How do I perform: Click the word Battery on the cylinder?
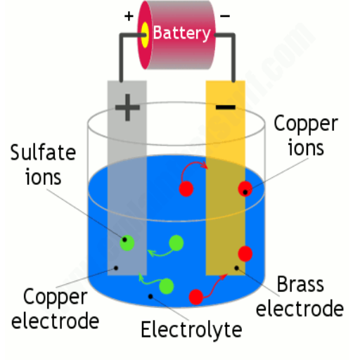click(x=181, y=33)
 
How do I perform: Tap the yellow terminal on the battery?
click(x=145, y=34)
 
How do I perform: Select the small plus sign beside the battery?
click(x=129, y=16)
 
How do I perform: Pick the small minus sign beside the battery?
click(x=225, y=16)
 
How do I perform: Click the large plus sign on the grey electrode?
click(x=127, y=108)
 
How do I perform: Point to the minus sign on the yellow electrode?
click(x=226, y=108)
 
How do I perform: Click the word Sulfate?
click(x=43, y=153)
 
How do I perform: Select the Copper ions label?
click(x=306, y=136)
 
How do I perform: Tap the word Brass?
click(x=301, y=284)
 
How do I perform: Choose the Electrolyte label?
click(x=191, y=330)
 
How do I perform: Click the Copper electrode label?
click(x=56, y=309)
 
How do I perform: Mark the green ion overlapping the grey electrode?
click(x=127, y=243)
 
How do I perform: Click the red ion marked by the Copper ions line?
click(x=245, y=188)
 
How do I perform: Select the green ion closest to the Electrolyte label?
click(x=167, y=286)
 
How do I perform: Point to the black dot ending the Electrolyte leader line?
click(x=150, y=297)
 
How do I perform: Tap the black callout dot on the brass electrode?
click(x=237, y=268)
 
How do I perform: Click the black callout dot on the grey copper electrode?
click(x=116, y=268)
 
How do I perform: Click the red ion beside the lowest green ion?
click(x=196, y=297)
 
